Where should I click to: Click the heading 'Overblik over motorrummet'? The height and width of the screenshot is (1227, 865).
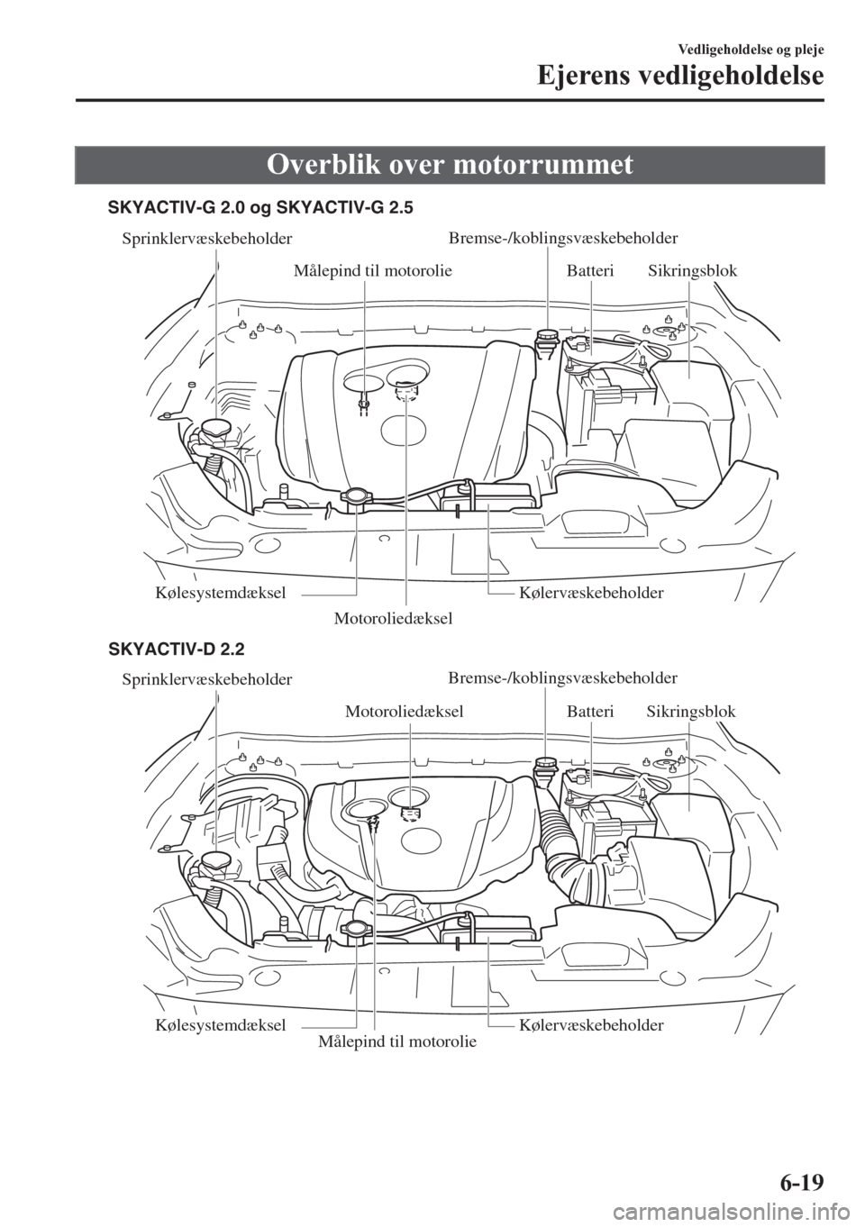(x=464, y=165)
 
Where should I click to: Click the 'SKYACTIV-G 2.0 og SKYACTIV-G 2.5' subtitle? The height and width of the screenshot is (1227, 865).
(x=260, y=208)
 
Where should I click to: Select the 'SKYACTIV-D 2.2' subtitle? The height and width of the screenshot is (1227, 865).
(x=176, y=648)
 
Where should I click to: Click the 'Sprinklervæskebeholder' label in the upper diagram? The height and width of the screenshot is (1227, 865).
(x=206, y=239)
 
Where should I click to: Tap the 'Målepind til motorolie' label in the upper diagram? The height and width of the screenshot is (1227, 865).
(x=373, y=269)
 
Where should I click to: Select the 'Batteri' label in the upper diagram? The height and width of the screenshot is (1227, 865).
(x=590, y=269)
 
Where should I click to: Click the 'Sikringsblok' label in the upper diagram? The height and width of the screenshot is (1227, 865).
(x=692, y=269)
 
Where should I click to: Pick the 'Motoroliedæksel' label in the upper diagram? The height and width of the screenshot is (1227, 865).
(x=393, y=618)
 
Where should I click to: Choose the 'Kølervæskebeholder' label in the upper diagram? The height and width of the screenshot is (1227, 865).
(x=591, y=593)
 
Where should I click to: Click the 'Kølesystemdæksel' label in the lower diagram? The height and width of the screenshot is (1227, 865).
(x=221, y=1025)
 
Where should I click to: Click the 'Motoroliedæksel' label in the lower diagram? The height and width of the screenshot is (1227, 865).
(x=405, y=711)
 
